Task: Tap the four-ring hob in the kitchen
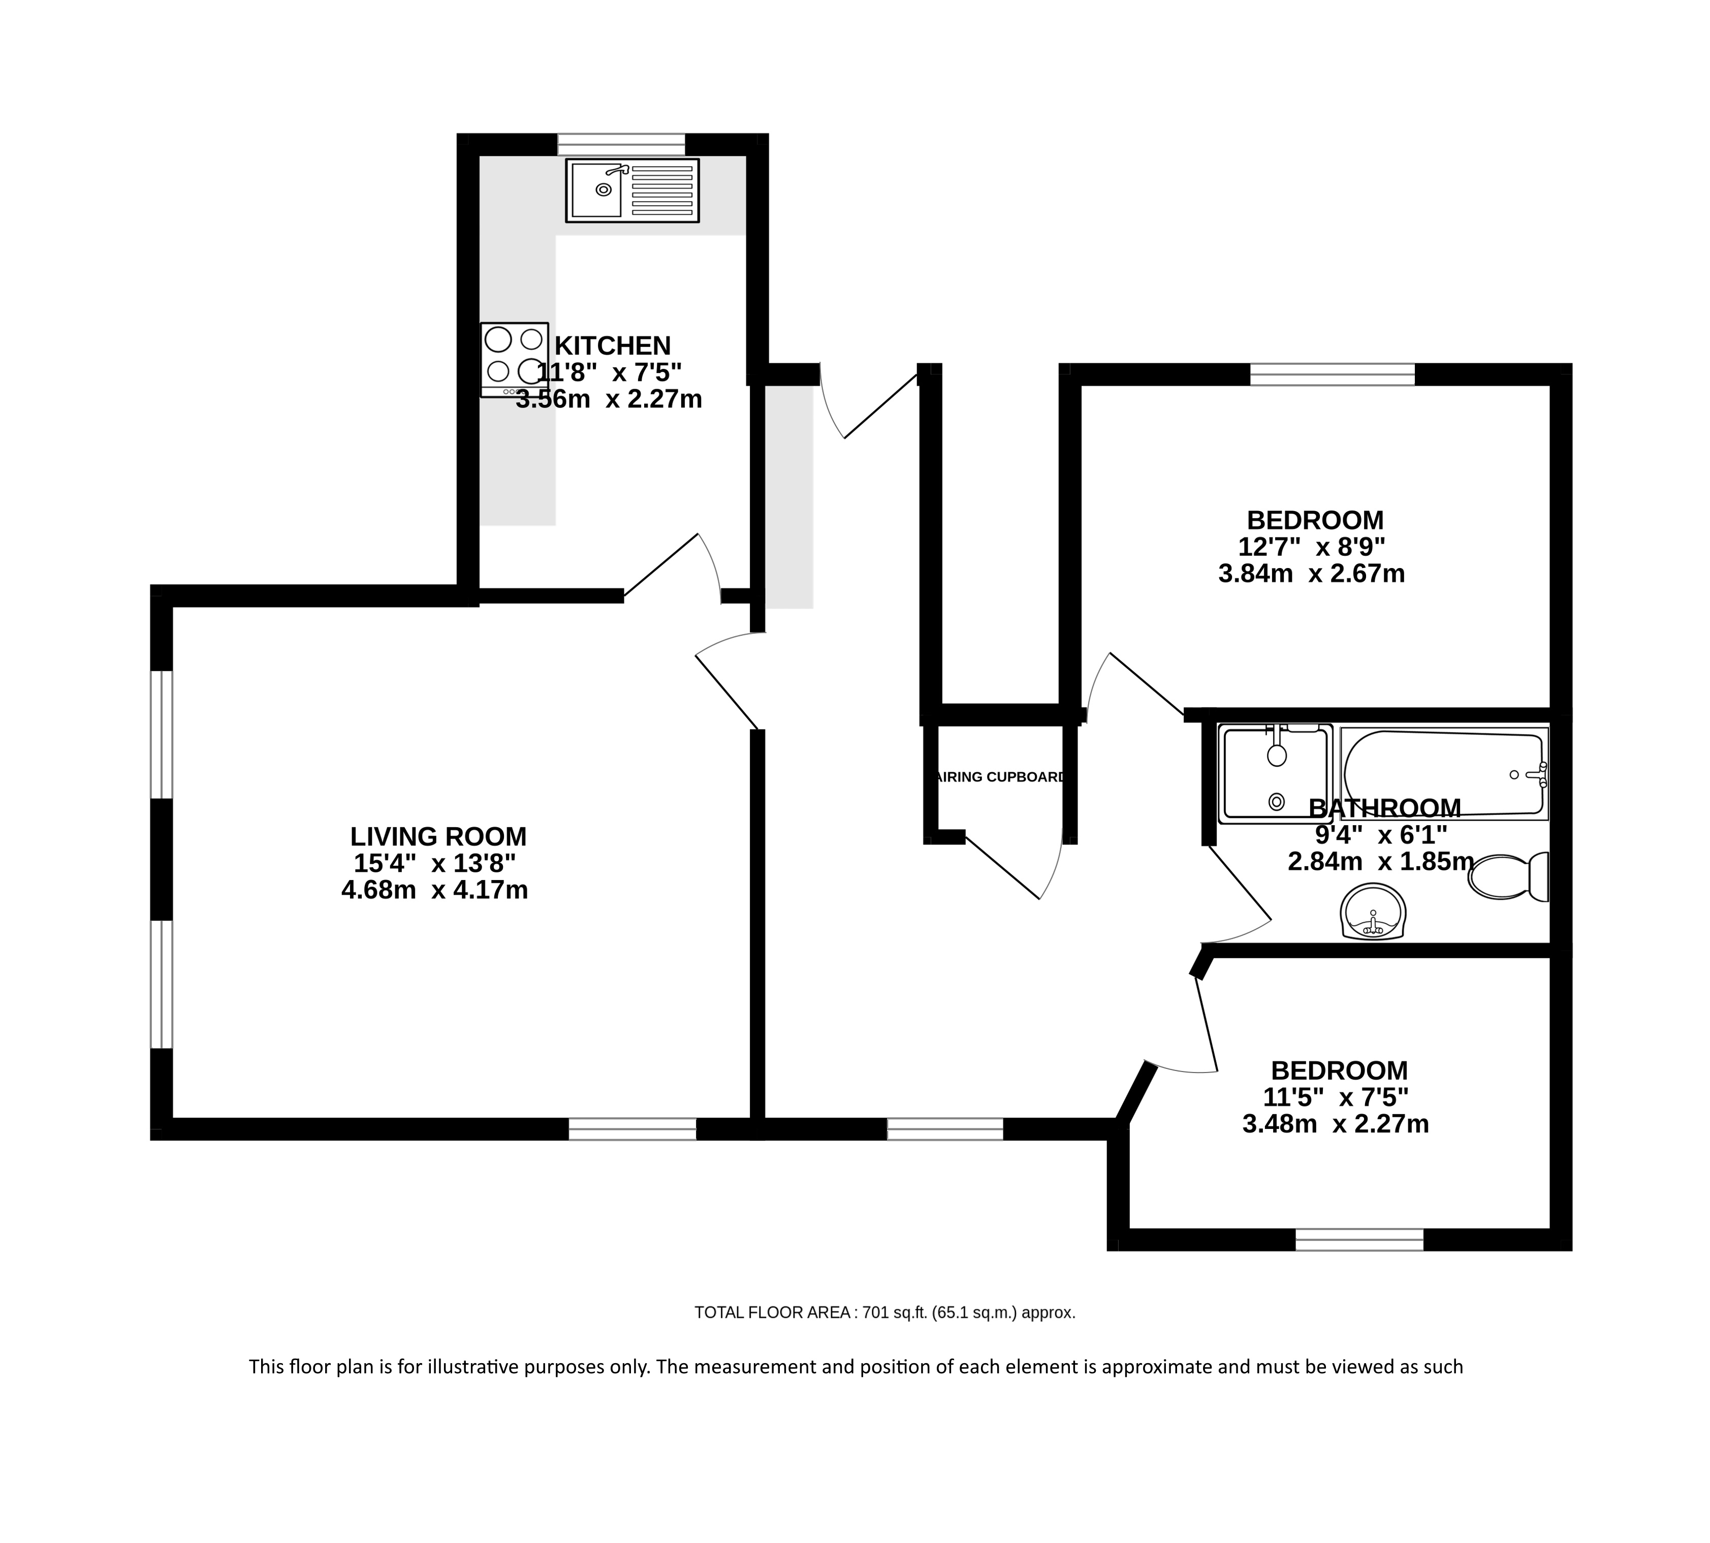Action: click(x=514, y=360)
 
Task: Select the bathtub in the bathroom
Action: click(x=1444, y=773)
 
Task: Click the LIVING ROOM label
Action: click(x=438, y=837)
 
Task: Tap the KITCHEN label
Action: click(x=612, y=346)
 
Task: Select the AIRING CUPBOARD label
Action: click(x=1000, y=777)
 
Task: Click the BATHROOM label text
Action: click(x=1384, y=807)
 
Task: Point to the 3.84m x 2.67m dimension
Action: click(x=1312, y=574)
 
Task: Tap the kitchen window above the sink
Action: click(x=621, y=145)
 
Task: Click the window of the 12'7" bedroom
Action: click(x=1333, y=374)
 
